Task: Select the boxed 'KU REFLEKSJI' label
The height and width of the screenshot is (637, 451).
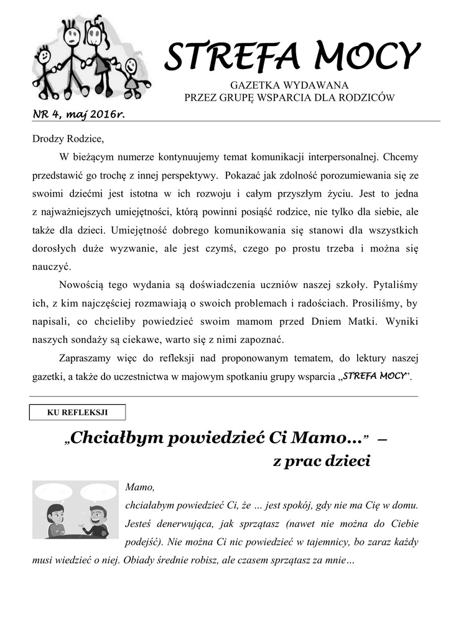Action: click(78, 412)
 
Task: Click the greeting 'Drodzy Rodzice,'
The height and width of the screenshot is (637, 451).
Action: click(65, 137)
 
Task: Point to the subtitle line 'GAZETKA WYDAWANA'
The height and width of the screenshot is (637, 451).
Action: click(289, 85)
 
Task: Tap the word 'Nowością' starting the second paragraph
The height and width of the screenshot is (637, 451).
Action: click(79, 285)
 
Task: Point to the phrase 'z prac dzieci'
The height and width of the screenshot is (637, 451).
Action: click(322, 462)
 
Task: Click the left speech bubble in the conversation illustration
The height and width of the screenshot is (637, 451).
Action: click(53, 493)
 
